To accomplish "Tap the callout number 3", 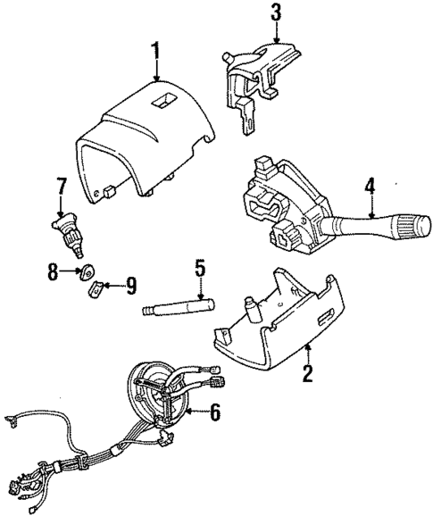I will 276,12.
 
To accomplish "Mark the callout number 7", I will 61,187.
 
